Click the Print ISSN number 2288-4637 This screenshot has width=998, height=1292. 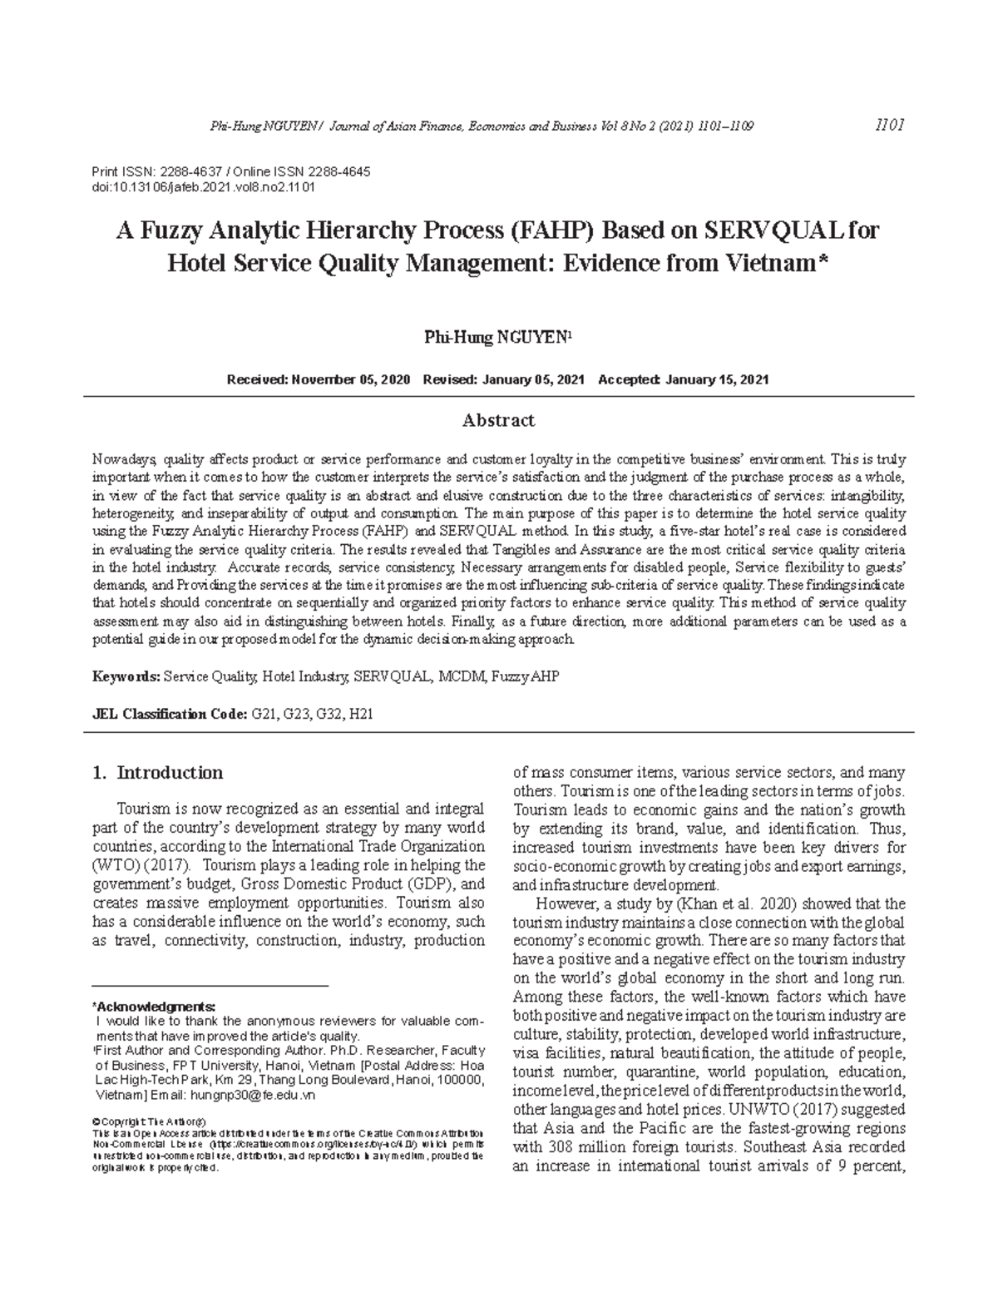pyautogui.click(x=182, y=171)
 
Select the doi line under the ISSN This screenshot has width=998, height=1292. pyautogui.click(x=203, y=187)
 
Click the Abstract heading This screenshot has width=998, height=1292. pyautogui.click(x=498, y=421)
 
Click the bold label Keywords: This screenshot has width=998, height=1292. pyautogui.click(x=126, y=677)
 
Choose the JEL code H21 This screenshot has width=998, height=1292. pyautogui.click(x=366, y=714)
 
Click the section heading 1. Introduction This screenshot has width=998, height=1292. pyautogui.click(x=157, y=773)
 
